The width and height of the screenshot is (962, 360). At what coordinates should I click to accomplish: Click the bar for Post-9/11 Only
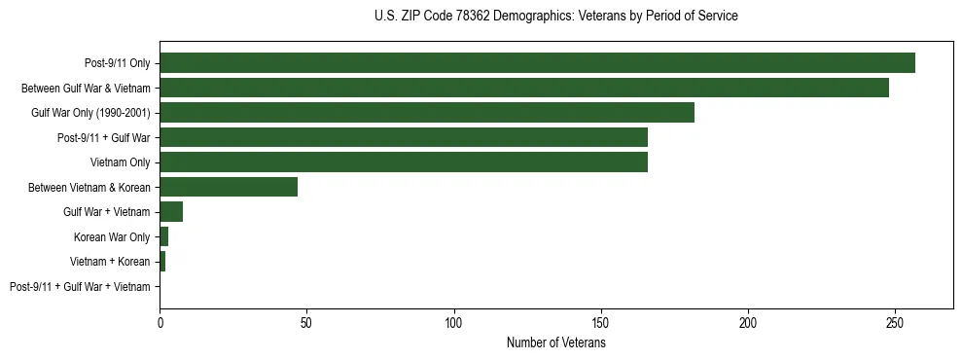coord(537,63)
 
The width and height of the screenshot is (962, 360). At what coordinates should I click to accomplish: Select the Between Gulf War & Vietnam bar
coord(524,88)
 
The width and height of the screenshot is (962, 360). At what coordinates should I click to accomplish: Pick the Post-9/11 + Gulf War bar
coord(404,137)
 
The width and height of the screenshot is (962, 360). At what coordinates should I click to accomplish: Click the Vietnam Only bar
coord(404,162)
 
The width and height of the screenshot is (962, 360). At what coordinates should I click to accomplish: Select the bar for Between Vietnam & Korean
coord(229,187)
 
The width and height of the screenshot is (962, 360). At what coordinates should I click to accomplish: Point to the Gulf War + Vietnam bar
coord(171,212)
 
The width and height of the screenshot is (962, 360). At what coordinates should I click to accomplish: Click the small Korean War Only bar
coord(163,236)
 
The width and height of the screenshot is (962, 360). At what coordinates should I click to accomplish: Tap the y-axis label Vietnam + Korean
coord(110,262)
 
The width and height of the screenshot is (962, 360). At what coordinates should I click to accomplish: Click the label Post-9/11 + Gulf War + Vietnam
coord(80,287)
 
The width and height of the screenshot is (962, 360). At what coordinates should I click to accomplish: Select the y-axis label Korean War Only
coord(112,237)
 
